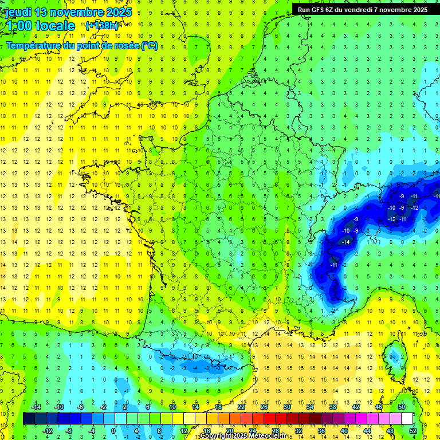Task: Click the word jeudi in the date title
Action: coord(18,12)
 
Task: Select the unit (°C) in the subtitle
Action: coord(149,46)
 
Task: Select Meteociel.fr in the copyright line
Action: coord(268,436)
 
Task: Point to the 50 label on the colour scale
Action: coord(402,407)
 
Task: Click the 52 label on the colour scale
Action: coord(413,431)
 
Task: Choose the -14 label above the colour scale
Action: coord(36,407)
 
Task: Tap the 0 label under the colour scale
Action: coord(113,431)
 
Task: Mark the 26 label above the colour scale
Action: coord(264,407)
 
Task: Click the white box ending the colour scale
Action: coord(407,419)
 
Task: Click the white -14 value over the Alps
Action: coord(346,242)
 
